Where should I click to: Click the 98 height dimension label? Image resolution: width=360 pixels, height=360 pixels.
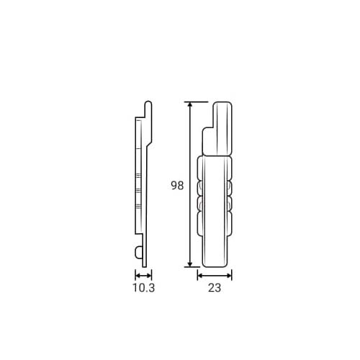[177, 186]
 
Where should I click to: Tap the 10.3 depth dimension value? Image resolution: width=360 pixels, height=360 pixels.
[144, 288]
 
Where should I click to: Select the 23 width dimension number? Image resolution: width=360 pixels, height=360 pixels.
[215, 288]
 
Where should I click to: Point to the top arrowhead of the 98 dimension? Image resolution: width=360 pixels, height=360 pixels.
[190, 104]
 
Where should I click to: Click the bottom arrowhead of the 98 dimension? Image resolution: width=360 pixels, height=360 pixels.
[190, 264]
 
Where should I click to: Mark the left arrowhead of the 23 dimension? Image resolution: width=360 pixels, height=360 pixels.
[200, 276]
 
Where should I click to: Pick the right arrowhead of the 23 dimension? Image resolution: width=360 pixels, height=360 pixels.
[229, 276]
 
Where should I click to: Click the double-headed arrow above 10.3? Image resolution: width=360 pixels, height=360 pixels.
[143, 276]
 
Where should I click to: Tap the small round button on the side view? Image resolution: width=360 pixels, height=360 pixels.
[139, 252]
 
